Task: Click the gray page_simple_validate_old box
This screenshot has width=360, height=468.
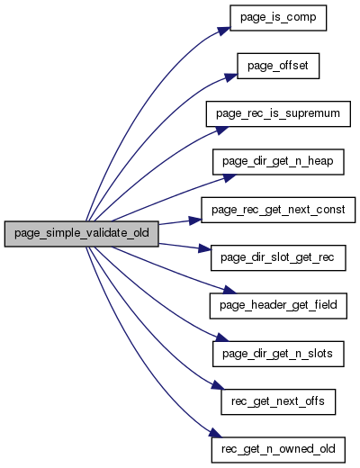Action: (81, 234)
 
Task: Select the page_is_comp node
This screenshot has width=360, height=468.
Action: (278, 18)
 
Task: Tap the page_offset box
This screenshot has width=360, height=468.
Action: (278, 66)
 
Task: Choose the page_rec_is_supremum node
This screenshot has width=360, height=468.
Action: (278, 114)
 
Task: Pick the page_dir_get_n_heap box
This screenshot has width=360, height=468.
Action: (278, 162)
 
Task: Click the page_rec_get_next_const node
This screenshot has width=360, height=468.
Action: (278, 210)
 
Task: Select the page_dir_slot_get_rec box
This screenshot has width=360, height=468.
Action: (278, 258)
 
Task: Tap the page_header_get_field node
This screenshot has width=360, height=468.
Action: (278, 306)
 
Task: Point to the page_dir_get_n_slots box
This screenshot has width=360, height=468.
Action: (278, 354)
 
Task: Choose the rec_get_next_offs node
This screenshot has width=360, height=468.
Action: (278, 402)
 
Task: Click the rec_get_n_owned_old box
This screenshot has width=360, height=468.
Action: (278, 450)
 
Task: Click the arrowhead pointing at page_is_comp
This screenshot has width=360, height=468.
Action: (224, 31)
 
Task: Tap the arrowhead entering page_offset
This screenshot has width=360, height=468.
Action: (230, 77)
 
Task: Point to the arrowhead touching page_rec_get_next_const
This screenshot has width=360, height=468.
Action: (195, 220)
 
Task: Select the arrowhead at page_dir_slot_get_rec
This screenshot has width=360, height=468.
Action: (204, 248)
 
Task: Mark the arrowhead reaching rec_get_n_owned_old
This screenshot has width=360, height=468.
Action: (215, 433)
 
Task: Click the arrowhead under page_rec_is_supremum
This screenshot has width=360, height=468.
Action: (221, 130)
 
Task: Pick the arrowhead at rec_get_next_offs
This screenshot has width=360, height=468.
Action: (217, 385)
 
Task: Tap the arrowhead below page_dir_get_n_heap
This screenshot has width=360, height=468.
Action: (229, 178)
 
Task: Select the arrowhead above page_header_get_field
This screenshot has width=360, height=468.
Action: (229, 290)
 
